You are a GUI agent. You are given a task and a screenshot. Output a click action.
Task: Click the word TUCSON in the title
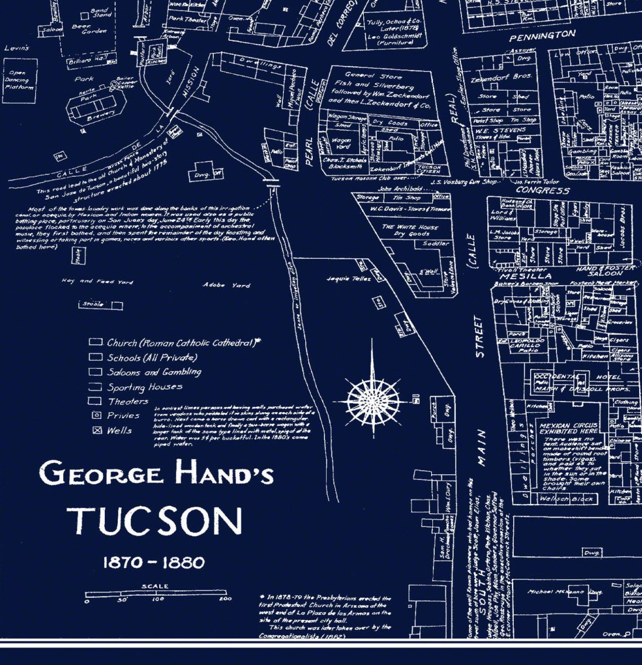155,520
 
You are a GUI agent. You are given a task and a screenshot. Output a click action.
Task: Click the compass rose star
371,401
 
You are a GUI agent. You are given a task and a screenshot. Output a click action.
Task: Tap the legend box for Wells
97,430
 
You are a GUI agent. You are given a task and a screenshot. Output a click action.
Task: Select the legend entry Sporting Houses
144,387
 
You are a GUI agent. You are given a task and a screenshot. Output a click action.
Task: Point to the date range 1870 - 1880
154,563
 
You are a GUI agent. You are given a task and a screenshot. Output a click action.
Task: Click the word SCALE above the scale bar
155,586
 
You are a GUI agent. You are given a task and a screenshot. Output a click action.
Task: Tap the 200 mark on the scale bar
225,599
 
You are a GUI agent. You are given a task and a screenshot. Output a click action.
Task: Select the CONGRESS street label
542,191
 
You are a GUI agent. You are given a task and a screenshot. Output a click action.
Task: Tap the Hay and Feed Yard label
97,282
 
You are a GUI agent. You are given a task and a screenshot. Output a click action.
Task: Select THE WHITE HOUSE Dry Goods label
409,230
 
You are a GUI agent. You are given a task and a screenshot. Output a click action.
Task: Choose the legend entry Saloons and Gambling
153,372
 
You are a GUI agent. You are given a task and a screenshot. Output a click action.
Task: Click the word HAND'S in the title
226,474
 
